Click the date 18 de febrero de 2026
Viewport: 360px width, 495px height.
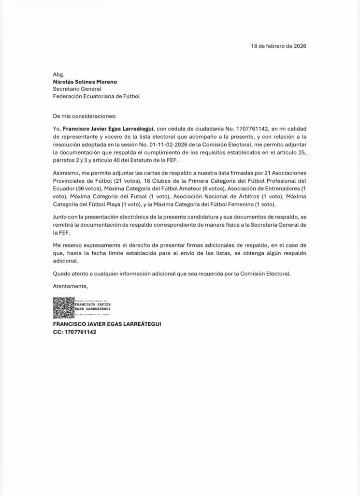coord(278,46)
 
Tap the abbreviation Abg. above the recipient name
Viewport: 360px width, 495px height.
coord(58,74)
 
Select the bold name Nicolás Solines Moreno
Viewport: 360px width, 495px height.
coord(85,82)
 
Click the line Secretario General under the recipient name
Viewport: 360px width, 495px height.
coord(77,89)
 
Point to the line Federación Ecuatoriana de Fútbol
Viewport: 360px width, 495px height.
coord(96,96)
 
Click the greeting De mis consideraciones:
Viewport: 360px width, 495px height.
coord(85,116)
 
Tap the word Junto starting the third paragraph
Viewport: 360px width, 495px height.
coord(61,218)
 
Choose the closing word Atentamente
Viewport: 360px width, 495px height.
coord(70,286)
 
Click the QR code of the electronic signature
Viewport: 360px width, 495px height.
coord(63,307)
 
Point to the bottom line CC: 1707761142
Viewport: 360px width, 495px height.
coord(74,332)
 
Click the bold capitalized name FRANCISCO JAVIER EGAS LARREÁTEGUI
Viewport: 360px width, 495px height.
coord(107,324)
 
